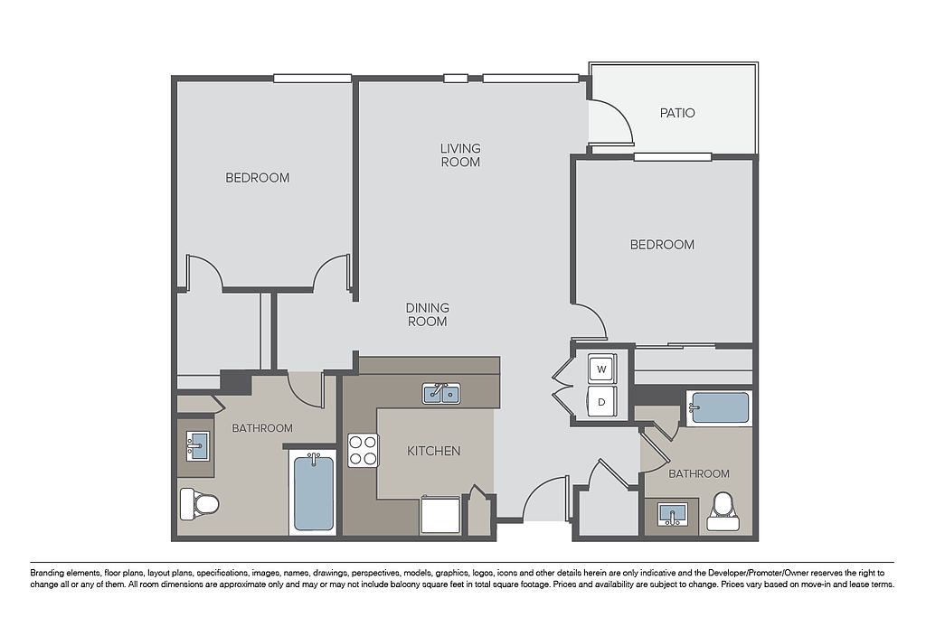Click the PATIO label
click(677, 113)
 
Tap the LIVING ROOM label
click(460, 154)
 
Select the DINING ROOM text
click(428, 314)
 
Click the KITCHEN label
click(433, 451)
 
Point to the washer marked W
click(601, 369)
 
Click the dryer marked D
click(601, 402)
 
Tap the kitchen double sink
click(442, 393)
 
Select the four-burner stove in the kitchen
click(363, 451)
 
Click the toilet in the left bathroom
click(199, 504)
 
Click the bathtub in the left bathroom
click(314, 492)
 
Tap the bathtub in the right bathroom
click(719, 407)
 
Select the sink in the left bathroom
click(197, 446)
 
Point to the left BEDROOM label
click(258, 178)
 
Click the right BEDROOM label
click(662, 244)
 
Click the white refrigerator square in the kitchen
click(440, 516)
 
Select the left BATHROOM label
click(262, 428)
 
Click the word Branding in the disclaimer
click(47, 573)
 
